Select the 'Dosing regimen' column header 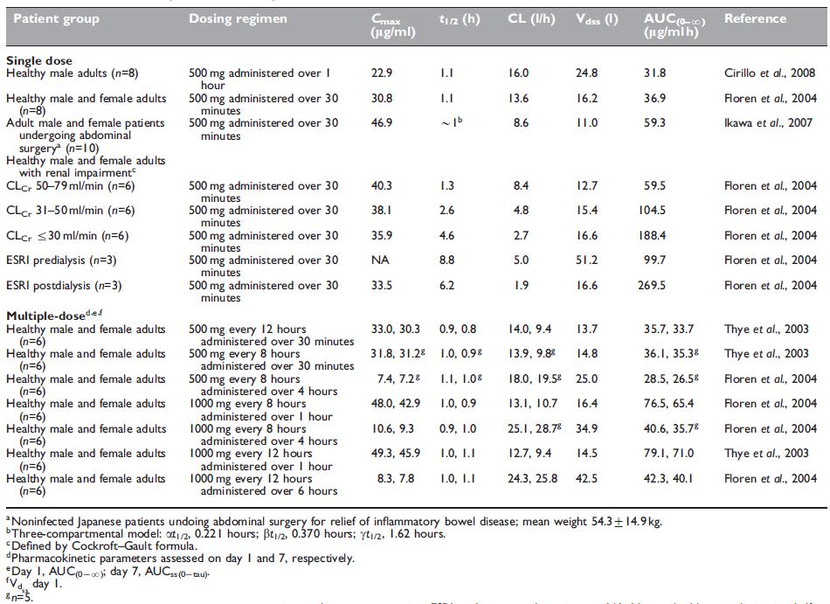tap(238, 19)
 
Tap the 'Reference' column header tap(755, 19)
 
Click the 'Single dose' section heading tap(42, 61)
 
